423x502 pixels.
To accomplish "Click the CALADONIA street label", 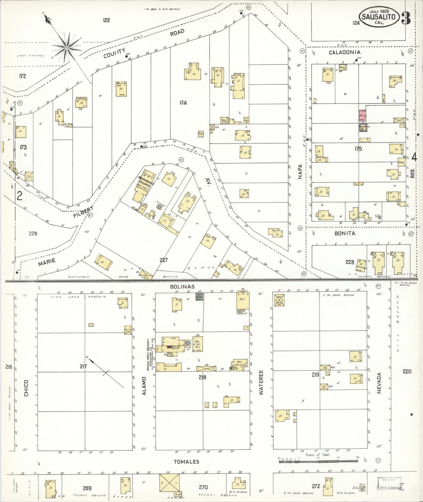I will click(x=345, y=52).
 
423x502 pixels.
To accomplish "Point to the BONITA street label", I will click(x=345, y=233).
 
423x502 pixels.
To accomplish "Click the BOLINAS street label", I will click(x=182, y=286).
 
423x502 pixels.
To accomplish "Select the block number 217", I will click(x=83, y=366).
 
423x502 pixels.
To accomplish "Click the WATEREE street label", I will click(x=261, y=382).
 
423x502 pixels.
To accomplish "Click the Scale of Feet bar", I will click(x=318, y=461).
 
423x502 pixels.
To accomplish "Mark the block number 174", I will click(x=183, y=103).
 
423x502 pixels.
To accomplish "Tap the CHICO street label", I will click(x=26, y=388).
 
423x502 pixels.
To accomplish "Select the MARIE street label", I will click(x=47, y=262).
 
